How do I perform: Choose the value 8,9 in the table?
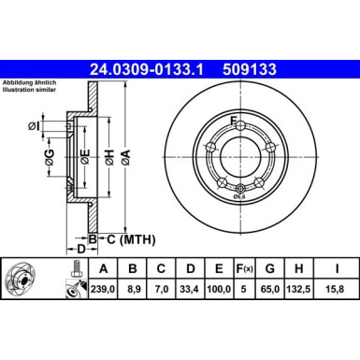[133, 290]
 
